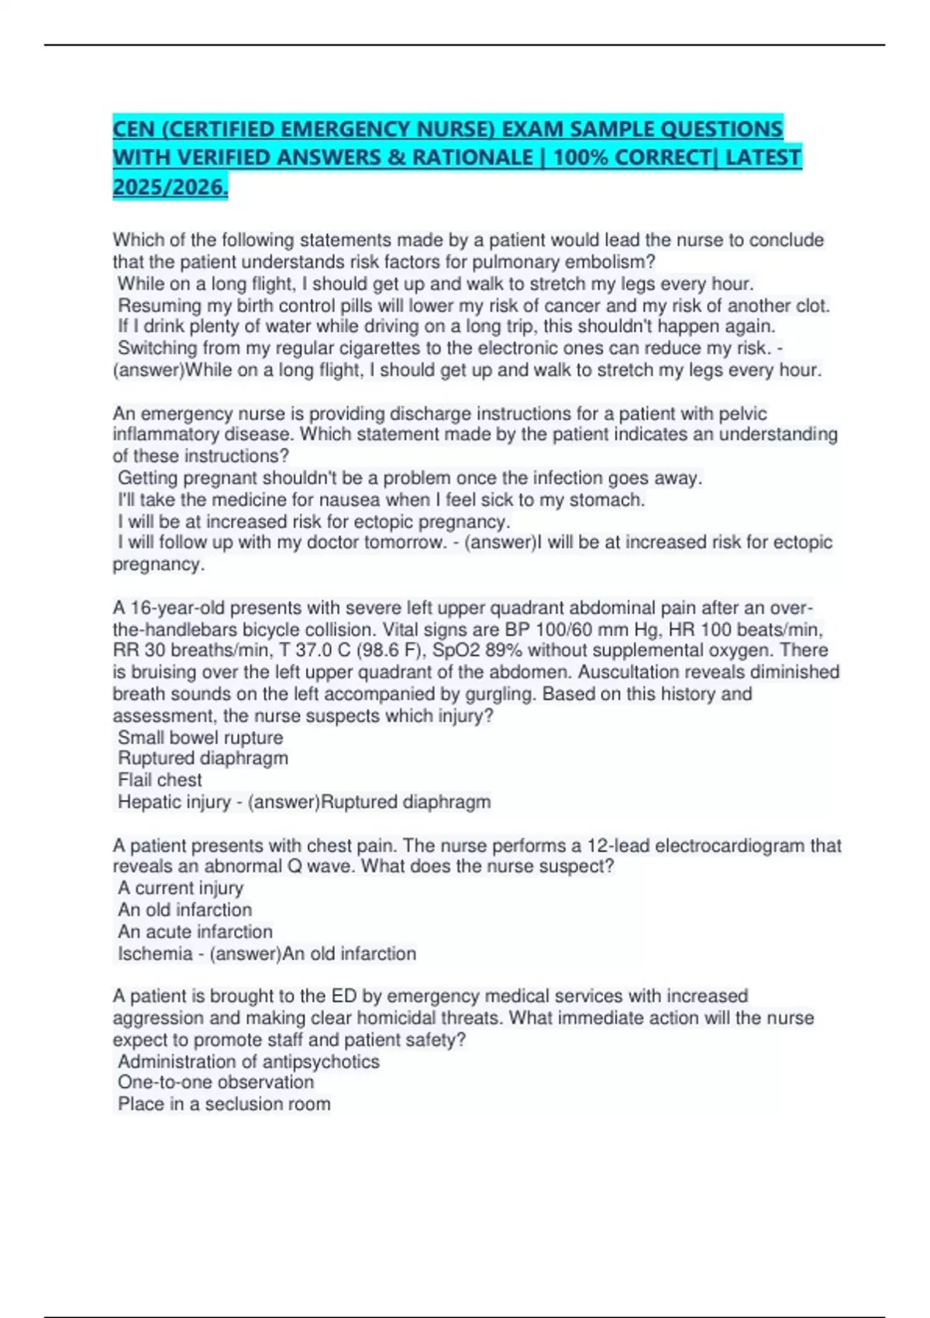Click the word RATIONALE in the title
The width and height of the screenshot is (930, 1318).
click(472, 157)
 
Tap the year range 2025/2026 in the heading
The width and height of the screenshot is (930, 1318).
click(170, 187)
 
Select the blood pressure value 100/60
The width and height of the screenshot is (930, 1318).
click(563, 630)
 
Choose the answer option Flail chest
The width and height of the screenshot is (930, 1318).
click(160, 780)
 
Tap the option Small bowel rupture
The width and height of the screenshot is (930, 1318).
click(200, 737)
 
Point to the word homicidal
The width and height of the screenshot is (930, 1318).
click(443, 1018)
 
